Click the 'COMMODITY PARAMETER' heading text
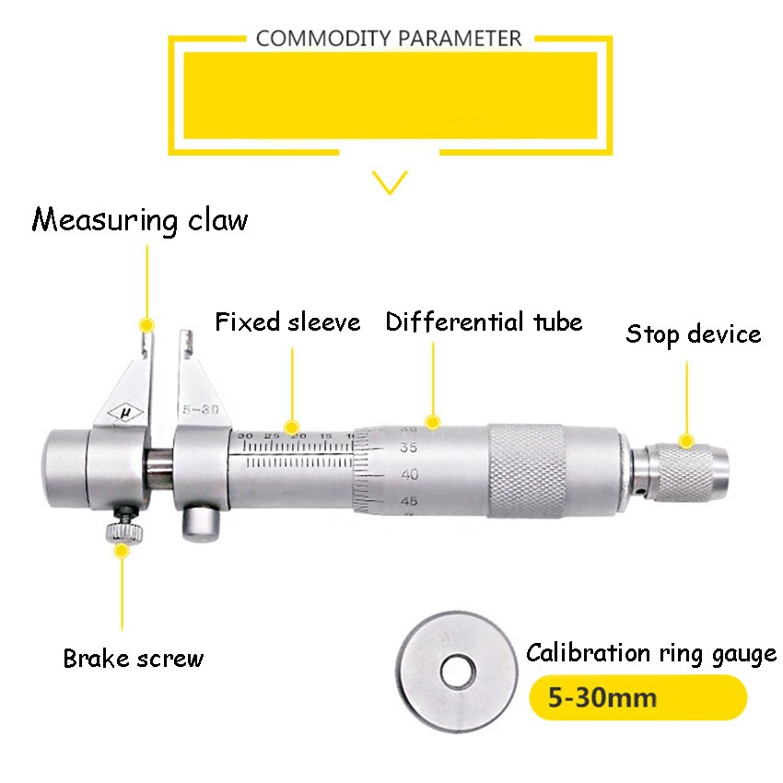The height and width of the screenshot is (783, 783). pyautogui.click(x=389, y=39)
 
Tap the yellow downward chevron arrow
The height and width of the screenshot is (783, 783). pyautogui.click(x=391, y=181)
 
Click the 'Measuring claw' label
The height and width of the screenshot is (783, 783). pyautogui.click(x=140, y=220)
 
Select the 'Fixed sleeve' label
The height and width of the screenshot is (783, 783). pyautogui.click(x=287, y=322)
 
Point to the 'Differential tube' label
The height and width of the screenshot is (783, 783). pyautogui.click(x=484, y=322)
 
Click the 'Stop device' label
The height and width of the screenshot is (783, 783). pyautogui.click(x=693, y=333)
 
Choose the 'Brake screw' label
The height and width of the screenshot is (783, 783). pyautogui.click(x=133, y=659)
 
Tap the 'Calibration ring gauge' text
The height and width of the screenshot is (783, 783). pyautogui.click(x=650, y=653)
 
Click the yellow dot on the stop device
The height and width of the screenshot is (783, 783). pyautogui.click(x=685, y=441)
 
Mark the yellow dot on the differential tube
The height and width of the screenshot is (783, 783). pyautogui.click(x=432, y=421)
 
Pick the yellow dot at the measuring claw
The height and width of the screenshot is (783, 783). pyautogui.click(x=146, y=325)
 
